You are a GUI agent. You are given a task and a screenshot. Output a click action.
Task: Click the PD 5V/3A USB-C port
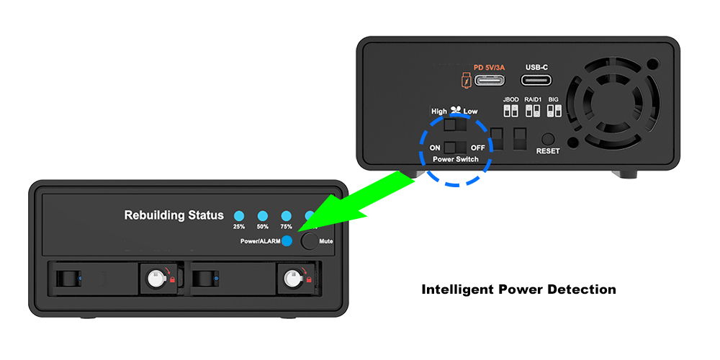point(490,81)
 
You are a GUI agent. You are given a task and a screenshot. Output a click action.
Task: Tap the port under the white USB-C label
point(536,81)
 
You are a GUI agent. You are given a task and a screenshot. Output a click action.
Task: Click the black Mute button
point(310,241)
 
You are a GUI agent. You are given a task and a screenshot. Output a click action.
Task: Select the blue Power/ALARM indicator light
point(287,241)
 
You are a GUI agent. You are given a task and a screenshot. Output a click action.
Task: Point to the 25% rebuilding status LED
point(239,216)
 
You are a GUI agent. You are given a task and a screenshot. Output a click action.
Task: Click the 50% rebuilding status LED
point(263,216)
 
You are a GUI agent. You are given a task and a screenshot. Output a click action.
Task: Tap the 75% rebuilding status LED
point(287,216)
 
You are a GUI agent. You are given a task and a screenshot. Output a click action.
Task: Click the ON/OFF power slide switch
point(456,148)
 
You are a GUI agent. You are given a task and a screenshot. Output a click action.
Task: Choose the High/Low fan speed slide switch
point(456,125)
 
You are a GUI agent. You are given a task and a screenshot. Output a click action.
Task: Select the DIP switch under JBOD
point(511,111)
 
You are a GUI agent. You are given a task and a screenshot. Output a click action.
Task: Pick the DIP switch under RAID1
point(533,111)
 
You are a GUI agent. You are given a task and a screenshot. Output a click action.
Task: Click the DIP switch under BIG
point(554,111)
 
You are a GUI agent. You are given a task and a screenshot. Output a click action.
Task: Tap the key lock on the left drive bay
point(154,278)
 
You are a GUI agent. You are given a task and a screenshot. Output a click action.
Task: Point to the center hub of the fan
point(613,103)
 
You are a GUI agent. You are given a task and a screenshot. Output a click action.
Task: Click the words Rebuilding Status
point(174,215)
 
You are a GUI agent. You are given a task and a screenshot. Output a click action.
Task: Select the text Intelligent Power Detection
point(519,289)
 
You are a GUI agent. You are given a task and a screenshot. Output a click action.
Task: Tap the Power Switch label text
point(456,159)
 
